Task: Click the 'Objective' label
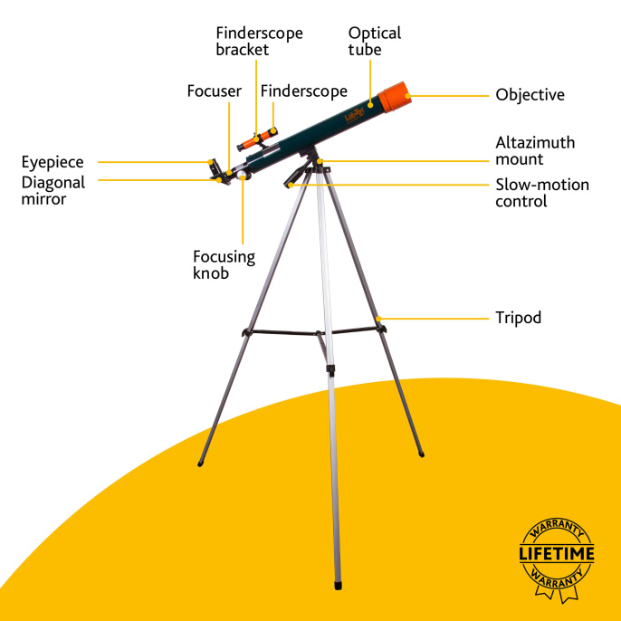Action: click(530, 95)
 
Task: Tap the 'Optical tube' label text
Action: click(374, 42)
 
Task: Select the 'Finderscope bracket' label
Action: click(259, 42)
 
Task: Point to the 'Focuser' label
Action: click(215, 91)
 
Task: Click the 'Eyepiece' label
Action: click(53, 162)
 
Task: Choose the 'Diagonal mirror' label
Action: click(53, 190)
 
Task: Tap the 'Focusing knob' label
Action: click(224, 265)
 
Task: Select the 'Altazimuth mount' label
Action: click(535, 151)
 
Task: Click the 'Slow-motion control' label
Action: click(542, 193)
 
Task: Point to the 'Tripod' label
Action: click(518, 318)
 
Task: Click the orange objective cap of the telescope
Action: click(395, 97)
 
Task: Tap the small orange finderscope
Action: click(257, 139)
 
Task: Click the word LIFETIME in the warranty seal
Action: click(557, 554)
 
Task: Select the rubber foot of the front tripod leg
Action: click(338, 586)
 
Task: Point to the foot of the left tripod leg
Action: click(200, 463)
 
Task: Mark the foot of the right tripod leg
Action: click(422, 454)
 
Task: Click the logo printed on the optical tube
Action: click(354, 115)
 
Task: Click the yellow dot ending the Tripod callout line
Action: click(378, 319)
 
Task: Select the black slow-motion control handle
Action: click(296, 174)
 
